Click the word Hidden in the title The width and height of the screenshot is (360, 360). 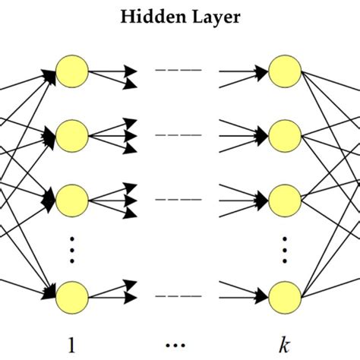[x=149, y=17]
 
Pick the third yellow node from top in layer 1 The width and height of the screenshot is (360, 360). [x=72, y=200]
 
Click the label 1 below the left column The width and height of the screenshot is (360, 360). [x=72, y=343]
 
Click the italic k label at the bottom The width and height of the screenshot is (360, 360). [x=284, y=343]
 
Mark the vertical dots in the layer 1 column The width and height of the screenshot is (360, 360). [x=72, y=248]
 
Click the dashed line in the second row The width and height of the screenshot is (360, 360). [x=178, y=136]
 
